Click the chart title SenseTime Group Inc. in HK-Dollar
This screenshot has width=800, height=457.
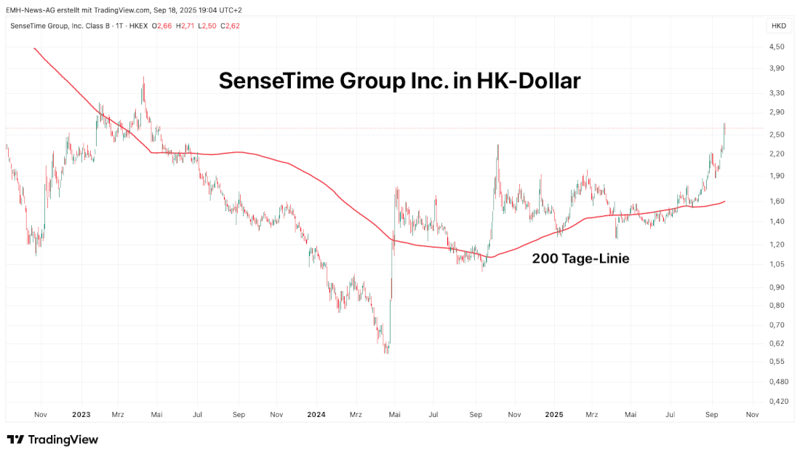point(399,81)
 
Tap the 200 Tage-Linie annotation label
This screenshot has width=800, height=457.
point(580,258)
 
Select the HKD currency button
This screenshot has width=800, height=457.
point(778,26)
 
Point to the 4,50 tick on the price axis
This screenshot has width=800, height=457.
point(776,47)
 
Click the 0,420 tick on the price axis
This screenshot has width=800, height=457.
point(777,401)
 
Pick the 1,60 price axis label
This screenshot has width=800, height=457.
point(776,201)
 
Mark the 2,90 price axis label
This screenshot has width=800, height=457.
point(776,112)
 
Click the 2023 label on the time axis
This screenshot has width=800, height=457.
point(81,415)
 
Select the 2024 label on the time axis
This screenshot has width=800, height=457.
point(316,415)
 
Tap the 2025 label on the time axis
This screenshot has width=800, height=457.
point(554,415)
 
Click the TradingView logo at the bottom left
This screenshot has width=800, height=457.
point(52,440)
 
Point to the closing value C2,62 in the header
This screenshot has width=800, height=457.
point(232,26)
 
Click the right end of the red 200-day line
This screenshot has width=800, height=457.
point(725,201)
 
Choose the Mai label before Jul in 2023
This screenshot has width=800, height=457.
point(156,415)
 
